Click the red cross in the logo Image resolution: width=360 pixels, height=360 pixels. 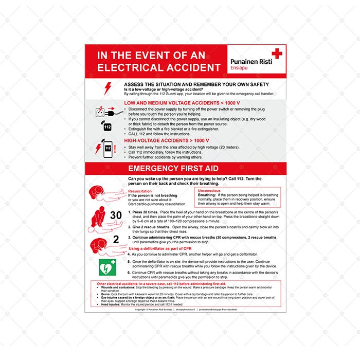(277, 53)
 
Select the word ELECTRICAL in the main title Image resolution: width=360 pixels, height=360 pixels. (130, 67)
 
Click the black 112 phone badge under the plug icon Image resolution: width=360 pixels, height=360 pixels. (107, 127)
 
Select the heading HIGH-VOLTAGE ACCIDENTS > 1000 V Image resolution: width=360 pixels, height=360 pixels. (159, 140)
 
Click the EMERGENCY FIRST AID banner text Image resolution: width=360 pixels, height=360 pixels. (173, 169)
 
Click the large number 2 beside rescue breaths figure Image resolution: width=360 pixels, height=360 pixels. (116, 239)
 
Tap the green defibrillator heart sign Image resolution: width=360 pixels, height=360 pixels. (106, 266)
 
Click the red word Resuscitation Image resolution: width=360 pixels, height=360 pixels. (140, 191)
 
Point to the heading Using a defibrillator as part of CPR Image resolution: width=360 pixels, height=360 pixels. (164, 249)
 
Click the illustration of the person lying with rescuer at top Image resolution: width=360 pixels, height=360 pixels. (105, 194)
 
